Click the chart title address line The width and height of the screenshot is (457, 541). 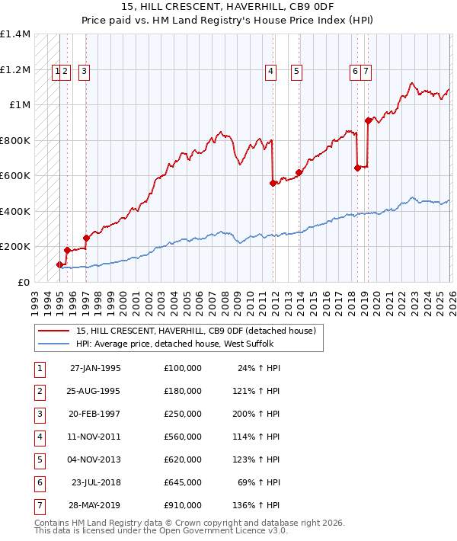(228, 7)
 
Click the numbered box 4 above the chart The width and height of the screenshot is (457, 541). (270, 72)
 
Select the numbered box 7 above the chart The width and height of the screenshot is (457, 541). (366, 72)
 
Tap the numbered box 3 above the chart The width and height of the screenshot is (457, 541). (83, 72)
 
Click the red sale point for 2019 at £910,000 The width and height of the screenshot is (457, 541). (368, 120)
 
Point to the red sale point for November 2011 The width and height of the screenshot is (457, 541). (273, 183)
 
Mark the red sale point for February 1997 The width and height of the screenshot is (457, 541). (86, 238)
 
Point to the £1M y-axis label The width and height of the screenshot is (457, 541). (19, 105)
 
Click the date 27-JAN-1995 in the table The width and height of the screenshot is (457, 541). (94, 368)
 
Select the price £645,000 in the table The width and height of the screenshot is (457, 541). (182, 482)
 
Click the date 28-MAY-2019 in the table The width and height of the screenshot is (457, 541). (94, 505)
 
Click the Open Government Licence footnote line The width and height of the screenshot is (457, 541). (161, 531)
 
